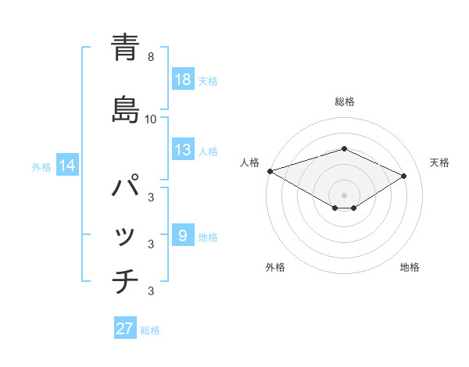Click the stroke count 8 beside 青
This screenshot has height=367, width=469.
pyautogui.click(x=151, y=57)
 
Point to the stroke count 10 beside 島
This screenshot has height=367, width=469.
pyautogui.click(x=151, y=119)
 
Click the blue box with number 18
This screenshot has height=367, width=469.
pyautogui.click(x=183, y=80)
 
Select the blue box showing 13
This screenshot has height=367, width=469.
pyautogui.click(x=183, y=151)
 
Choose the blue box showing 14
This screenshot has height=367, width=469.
pyautogui.click(x=67, y=166)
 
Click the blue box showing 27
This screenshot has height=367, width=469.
pyautogui.click(x=125, y=329)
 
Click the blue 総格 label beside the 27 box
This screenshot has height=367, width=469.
pyautogui.click(x=150, y=330)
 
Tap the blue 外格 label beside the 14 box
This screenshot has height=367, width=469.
pyautogui.click(x=41, y=167)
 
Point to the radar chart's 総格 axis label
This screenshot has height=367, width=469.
pyautogui.click(x=345, y=102)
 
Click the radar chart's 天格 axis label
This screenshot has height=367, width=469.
pyautogui.click(x=439, y=162)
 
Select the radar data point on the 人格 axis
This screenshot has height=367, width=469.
pyautogui.click(x=270, y=170)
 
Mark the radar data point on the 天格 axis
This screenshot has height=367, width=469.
pyautogui.click(x=404, y=176)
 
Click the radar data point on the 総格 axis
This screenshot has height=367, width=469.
pyautogui.click(x=344, y=148)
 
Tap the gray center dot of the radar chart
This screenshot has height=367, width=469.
pyautogui.click(x=344, y=194)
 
